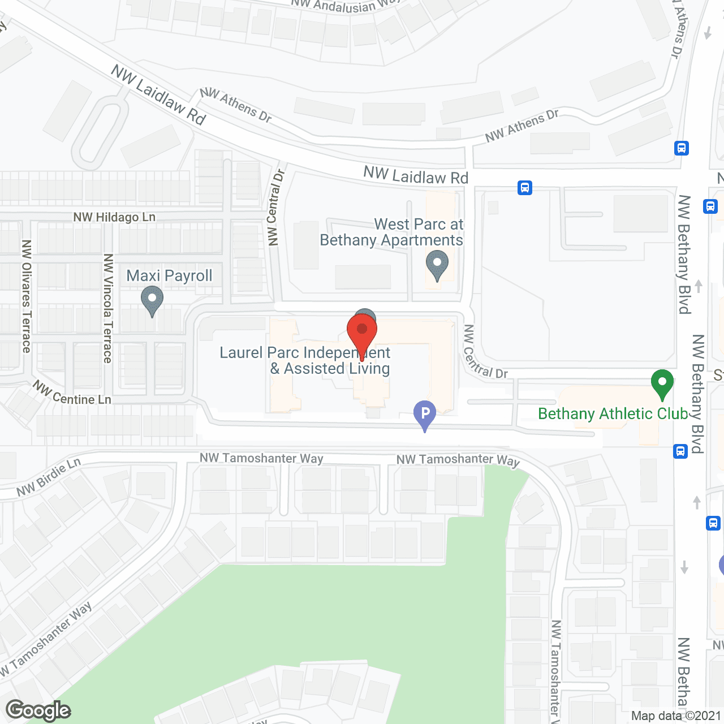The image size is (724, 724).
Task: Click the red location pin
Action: pyautogui.click(x=362, y=331)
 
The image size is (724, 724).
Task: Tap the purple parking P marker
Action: pyautogui.click(x=425, y=414)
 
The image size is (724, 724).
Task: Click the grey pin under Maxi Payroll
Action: pyautogui.click(x=152, y=299)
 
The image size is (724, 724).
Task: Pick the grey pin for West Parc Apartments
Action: pyautogui.click(x=437, y=264)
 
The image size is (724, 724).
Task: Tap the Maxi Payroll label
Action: pyautogui.click(x=169, y=276)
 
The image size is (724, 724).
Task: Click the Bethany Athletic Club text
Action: pyautogui.click(x=613, y=414)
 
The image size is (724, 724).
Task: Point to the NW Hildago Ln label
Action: pyautogui.click(x=114, y=217)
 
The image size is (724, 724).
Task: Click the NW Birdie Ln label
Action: pyautogui.click(x=49, y=477)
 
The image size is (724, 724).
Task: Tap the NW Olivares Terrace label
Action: pyautogui.click(x=26, y=296)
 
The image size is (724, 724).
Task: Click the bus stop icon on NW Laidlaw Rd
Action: pyautogui.click(x=525, y=187)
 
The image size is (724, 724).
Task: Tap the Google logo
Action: pyautogui.click(x=38, y=710)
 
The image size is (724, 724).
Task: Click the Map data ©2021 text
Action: pyautogui.click(x=676, y=716)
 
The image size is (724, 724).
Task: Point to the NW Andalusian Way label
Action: pyautogui.click(x=345, y=5)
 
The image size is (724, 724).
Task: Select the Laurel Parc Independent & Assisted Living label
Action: pyautogui.click(x=305, y=360)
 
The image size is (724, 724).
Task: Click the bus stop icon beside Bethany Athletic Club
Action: pyautogui.click(x=680, y=451)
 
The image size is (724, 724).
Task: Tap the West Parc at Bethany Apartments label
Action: pyautogui.click(x=391, y=232)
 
